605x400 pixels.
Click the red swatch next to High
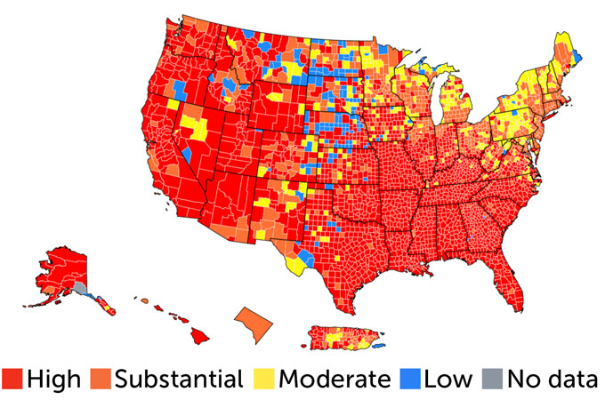point(12,379)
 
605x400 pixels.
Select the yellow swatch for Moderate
point(264,379)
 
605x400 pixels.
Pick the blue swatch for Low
point(408,379)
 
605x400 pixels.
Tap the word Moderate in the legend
point(334,379)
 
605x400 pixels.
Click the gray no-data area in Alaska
point(80,288)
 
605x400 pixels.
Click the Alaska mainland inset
point(62,271)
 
